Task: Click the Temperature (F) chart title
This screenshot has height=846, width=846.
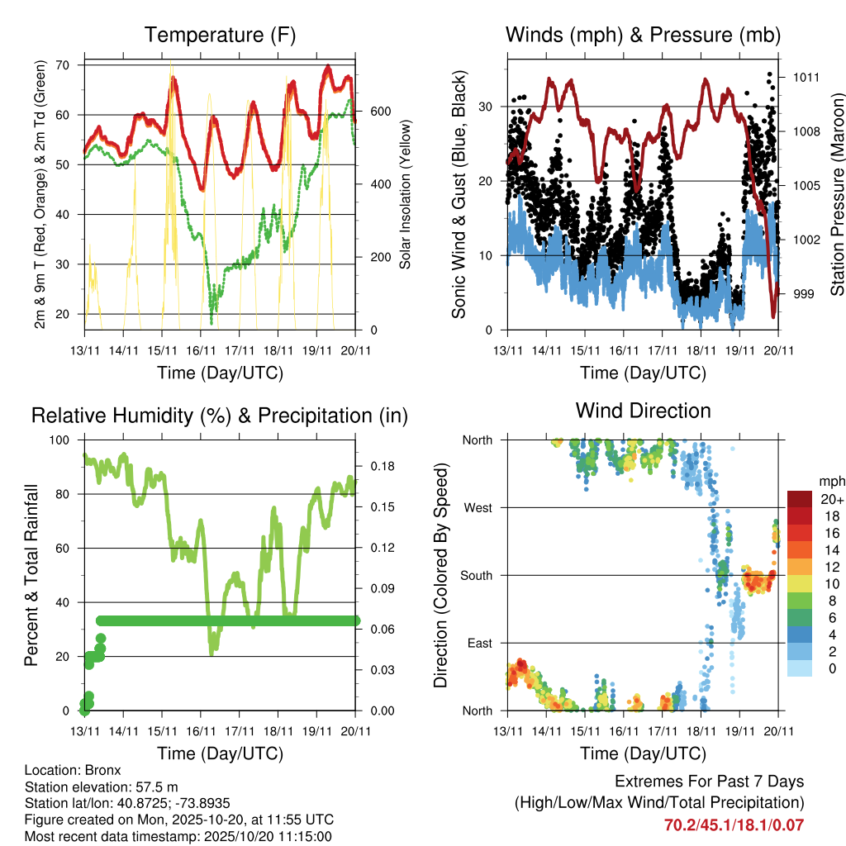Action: (x=220, y=35)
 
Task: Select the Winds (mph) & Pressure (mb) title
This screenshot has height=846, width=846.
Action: (x=643, y=35)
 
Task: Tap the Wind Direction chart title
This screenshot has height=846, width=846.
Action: (x=643, y=411)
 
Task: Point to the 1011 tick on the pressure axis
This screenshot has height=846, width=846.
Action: (x=806, y=78)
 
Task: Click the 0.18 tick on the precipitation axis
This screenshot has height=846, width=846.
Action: (x=378, y=467)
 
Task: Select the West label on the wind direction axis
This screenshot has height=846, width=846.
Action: (x=477, y=508)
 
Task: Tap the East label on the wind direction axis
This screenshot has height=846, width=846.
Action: (x=478, y=643)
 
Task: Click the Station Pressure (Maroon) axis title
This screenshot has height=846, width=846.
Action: (x=836, y=194)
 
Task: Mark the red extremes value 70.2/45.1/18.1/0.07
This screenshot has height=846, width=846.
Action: (x=734, y=825)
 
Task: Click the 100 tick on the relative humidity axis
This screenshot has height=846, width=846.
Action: (x=61, y=440)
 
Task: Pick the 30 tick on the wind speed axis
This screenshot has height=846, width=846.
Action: (x=486, y=107)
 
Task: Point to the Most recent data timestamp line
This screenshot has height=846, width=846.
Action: (x=178, y=836)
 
